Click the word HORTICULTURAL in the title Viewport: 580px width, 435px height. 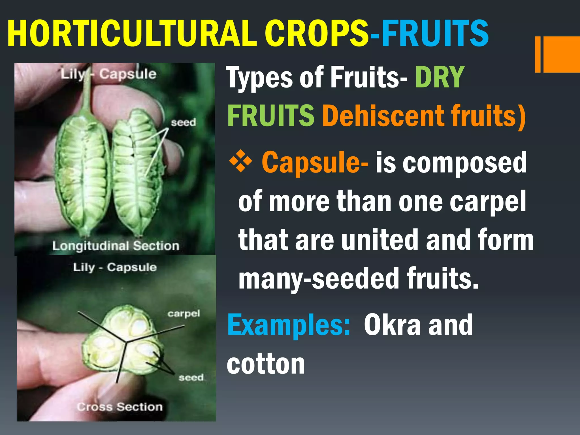tap(132, 34)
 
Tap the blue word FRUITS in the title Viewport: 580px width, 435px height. tap(435, 34)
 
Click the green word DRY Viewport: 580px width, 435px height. tap(440, 77)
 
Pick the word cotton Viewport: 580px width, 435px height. tap(266, 364)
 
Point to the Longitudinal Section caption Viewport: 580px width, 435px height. tap(116, 246)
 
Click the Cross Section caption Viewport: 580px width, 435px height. tap(120, 407)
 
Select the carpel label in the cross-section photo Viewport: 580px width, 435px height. tap(184, 314)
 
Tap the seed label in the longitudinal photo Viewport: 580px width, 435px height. tap(183, 122)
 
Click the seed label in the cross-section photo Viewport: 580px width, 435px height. tap(191, 378)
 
